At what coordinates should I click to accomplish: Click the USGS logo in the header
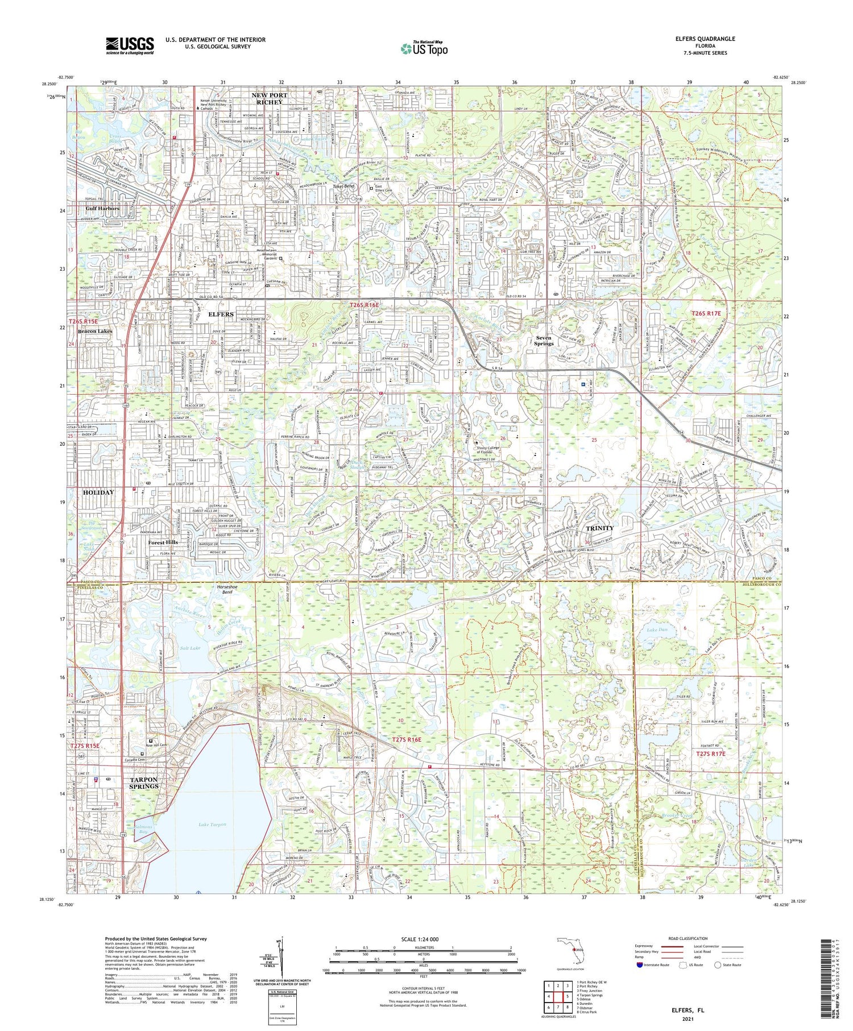pos(130,45)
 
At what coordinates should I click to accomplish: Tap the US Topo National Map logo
pos(424,48)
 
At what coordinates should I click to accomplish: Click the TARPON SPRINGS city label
pos(143,782)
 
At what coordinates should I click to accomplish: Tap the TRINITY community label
pos(600,528)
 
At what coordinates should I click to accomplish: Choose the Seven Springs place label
pos(544,341)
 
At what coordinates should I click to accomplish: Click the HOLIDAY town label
pos(98,492)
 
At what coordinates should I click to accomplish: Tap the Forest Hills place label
pos(163,543)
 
